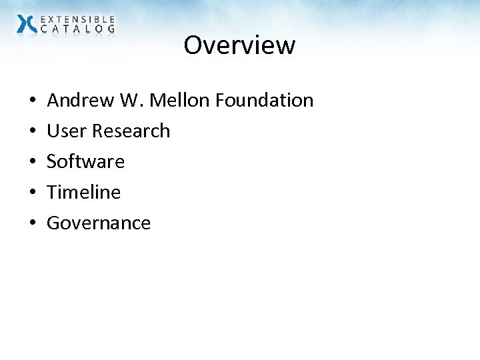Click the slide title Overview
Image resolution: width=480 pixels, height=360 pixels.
tap(239, 45)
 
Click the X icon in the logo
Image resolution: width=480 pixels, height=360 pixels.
tap(27, 24)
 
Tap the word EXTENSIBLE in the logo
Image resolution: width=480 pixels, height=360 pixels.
tap(77, 19)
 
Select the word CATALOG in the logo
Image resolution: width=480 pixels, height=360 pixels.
tap(77, 29)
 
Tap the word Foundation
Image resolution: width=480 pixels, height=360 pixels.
tap(264, 101)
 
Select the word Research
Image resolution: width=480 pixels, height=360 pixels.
tap(131, 131)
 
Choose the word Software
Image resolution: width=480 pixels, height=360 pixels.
tap(85, 162)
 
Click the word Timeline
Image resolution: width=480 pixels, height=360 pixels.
tap(83, 193)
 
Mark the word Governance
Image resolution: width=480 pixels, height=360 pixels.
tap(99, 223)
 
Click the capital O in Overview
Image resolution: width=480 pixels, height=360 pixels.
tap(193, 45)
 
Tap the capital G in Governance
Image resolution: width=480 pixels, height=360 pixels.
tap(53, 223)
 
